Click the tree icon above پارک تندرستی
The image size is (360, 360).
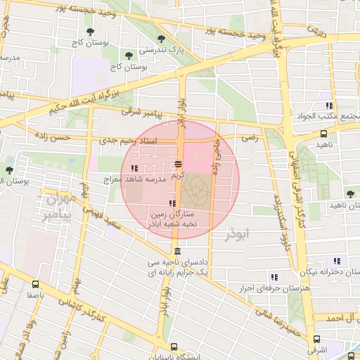tap(161, 39)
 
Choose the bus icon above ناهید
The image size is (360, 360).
tap(323, 133)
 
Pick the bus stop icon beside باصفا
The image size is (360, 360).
tap(35, 285)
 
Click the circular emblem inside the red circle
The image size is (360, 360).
tap(195, 188)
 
